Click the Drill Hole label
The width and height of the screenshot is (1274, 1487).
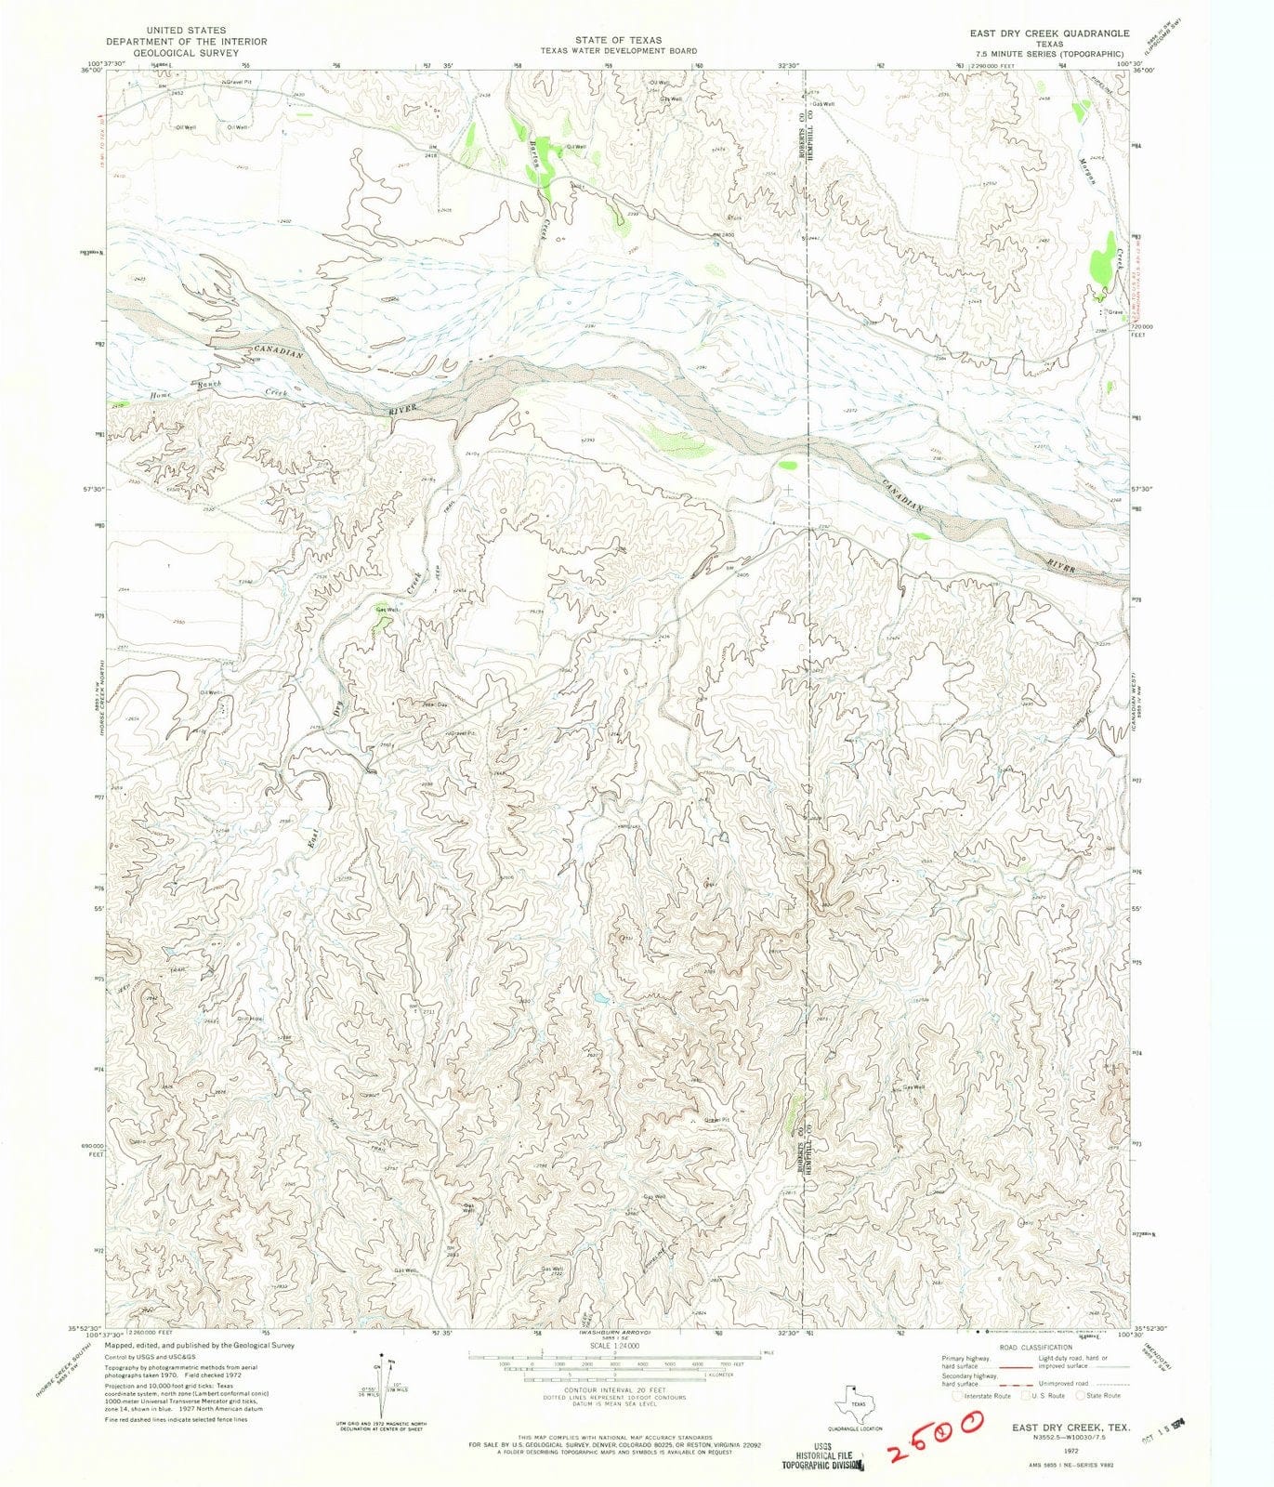[250, 1018]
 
